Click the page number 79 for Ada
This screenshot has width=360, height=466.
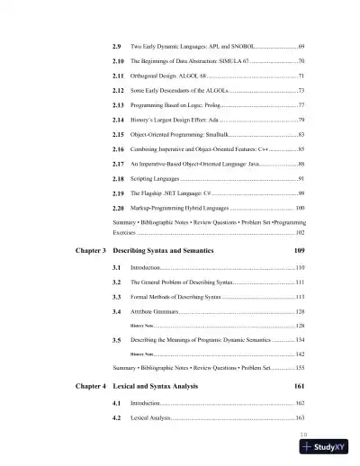point(301,120)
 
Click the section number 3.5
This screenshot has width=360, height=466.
point(117,365)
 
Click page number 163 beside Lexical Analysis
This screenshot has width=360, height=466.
point(300,444)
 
